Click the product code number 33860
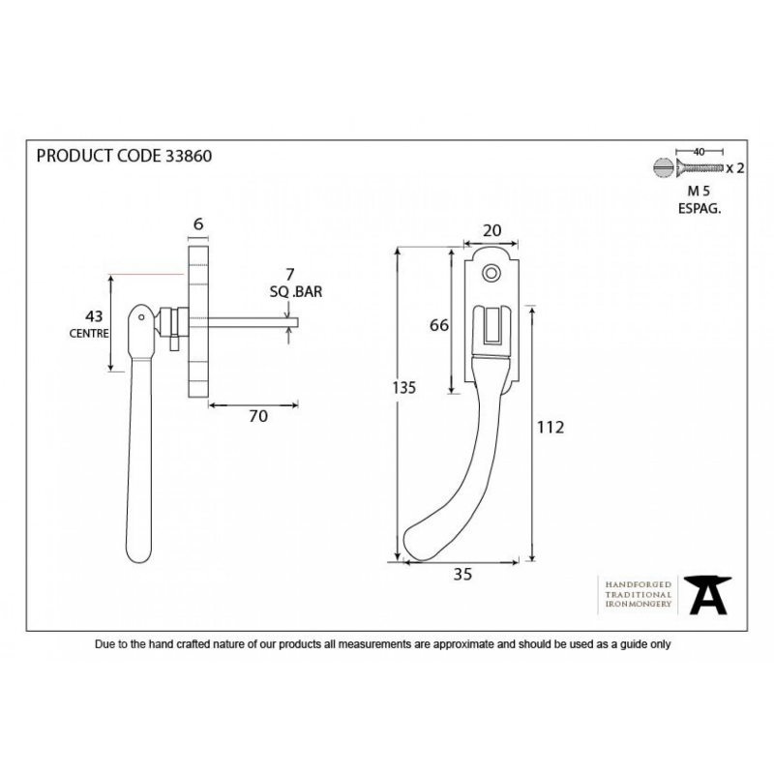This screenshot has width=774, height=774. pyautogui.click(x=189, y=156)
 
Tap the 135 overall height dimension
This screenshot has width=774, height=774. pyautogui.click(x=404, y=388)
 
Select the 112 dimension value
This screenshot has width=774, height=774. pyautogui.click(x=551, y=427)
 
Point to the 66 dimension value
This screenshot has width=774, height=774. pyautogui.click(x=439, y=325)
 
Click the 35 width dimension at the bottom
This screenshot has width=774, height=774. pyautogui.click(x=462, y=574)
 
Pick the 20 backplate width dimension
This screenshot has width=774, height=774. pyautogui.click(x=491, y=230)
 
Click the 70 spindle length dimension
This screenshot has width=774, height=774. pyautogui.click(x=258, y=416)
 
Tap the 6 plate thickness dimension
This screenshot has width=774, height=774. pyautogui.click(x=198, y=224)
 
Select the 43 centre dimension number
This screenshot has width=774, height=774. pyautogui.click(x=94, y=316)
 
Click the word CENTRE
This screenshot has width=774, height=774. pyautogui.click(x=89, y=334)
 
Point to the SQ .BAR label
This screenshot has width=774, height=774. pyautogui.click(x=296, y=292)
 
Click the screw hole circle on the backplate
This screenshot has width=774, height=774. pyautogui.click(x=491, y=273)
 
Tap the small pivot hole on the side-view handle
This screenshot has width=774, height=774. pyautogui.click(x=141, y=317)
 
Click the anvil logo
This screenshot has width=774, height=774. pyautogui.click(x=707, y=595)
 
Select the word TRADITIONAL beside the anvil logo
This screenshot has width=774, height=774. pyautogui.click(x=639, y=595)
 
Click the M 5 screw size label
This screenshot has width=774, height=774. pyautogui.click(x=699, y=191)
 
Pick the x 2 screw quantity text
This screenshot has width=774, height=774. pyautogui.click(x=735, y=168)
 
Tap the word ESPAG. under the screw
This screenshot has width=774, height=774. pyautogui.click(x=699, y=208)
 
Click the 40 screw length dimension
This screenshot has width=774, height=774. pyautogui.click(x=699, y=152)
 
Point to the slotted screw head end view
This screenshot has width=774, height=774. pyautogui.click(x=663, y=167)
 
